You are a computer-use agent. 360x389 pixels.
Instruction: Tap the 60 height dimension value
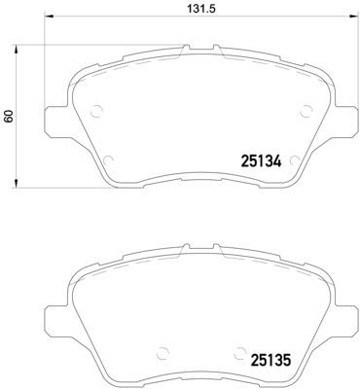pos(9,115)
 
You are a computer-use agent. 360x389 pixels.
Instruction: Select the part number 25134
pos(261,162)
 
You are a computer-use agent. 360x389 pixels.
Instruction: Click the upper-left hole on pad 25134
pos(94,110)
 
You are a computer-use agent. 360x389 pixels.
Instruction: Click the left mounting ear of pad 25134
pos(55,119)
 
